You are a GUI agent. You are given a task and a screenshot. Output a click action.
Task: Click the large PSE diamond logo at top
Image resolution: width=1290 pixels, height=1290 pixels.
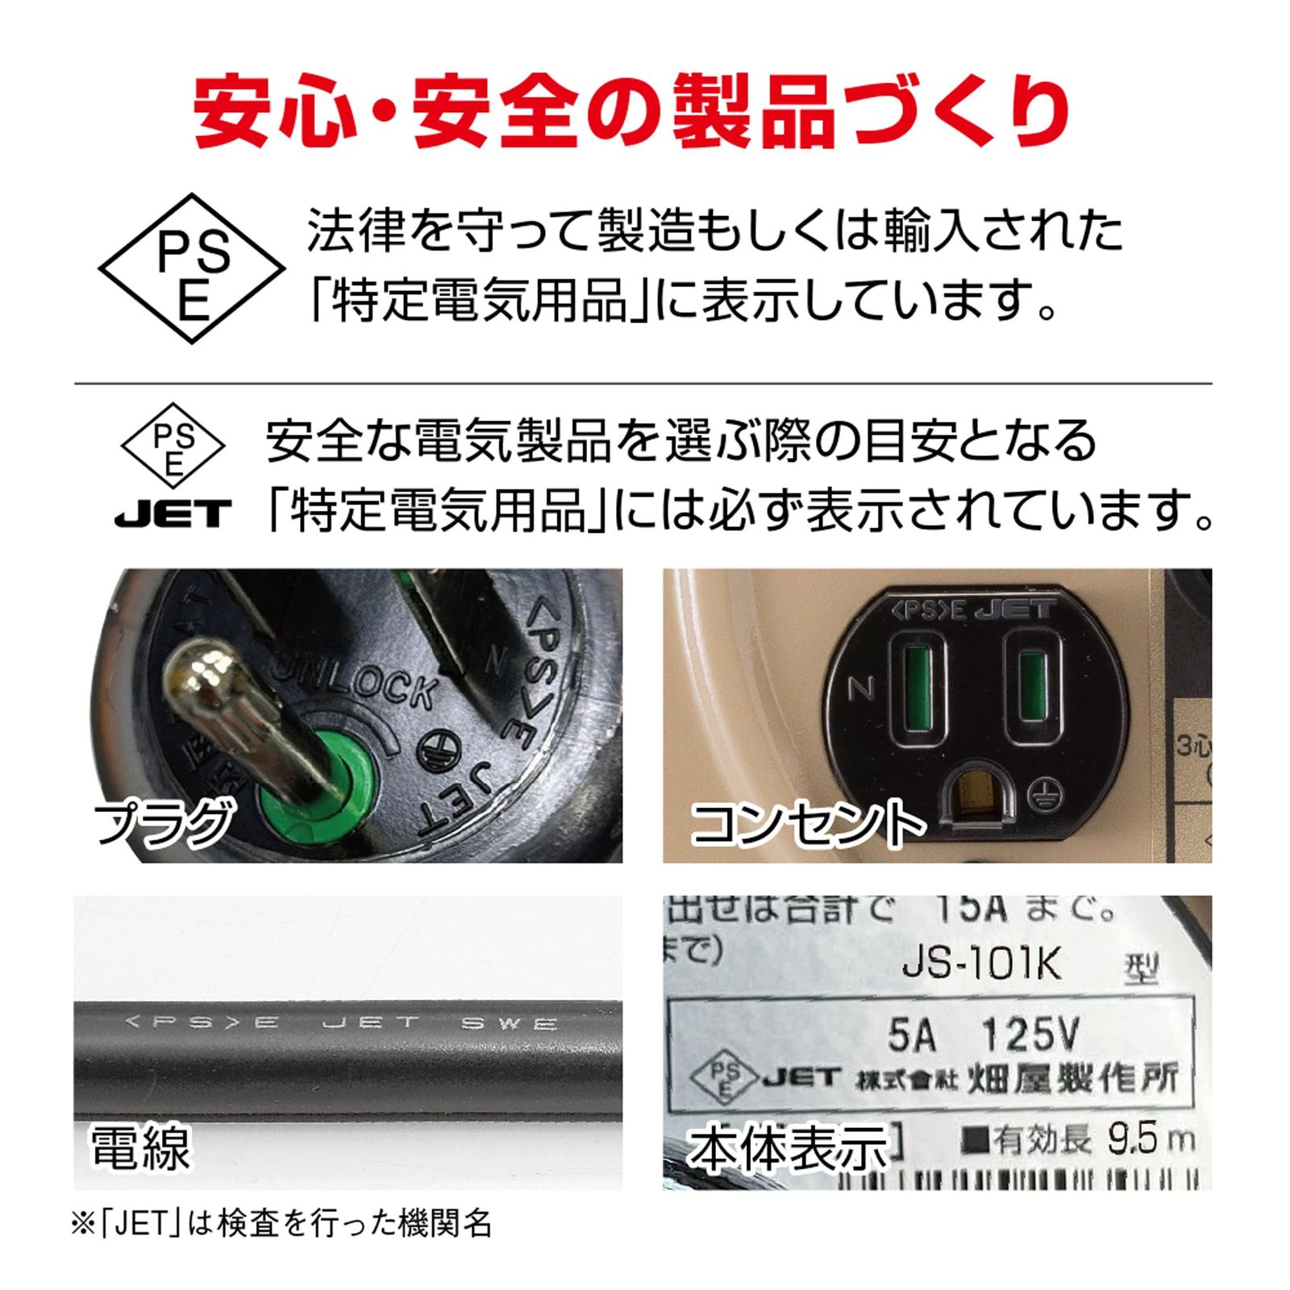tap(192, 268)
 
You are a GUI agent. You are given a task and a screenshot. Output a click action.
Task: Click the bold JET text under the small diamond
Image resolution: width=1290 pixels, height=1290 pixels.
tap(173, 513)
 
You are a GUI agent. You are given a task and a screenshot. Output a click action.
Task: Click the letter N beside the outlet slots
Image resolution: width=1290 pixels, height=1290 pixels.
tap(861, 689)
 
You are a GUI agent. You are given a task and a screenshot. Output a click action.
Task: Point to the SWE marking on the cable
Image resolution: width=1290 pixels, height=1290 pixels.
tap(509, 1024)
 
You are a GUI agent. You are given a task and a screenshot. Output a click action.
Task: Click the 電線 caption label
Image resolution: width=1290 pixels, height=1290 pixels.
tap(141, 1147)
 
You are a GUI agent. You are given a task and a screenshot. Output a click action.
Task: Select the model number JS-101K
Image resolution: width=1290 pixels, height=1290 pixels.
tap(982, 965)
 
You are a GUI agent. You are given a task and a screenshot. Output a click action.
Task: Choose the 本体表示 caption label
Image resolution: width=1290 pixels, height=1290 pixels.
tap(787, 1149)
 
